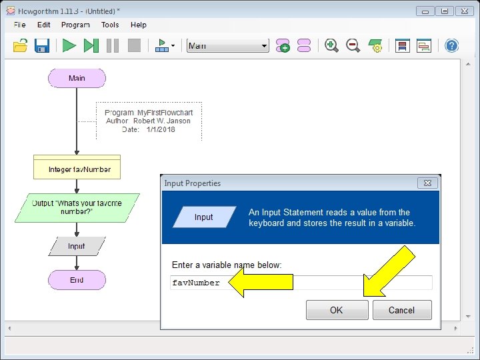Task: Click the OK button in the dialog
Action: coord(337,310)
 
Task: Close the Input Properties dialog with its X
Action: coord(427,183)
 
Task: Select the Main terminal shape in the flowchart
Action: coord(77,78)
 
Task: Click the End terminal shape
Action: coord(77,280)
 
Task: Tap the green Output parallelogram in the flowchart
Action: coord(77,207)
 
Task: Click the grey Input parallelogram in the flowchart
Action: coord(77,246)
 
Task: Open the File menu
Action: coord(20,25)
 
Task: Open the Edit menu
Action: coord(44,25)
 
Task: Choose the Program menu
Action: coord(75,25)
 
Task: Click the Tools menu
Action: coord(110,25)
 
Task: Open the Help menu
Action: coord(139,25)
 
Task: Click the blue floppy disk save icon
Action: coord(42,46)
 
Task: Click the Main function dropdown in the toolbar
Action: coord(227,46)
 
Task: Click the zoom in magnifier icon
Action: coord(331,46)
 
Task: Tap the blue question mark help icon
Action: coord(451,46)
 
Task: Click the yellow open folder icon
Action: coord(21,46)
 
